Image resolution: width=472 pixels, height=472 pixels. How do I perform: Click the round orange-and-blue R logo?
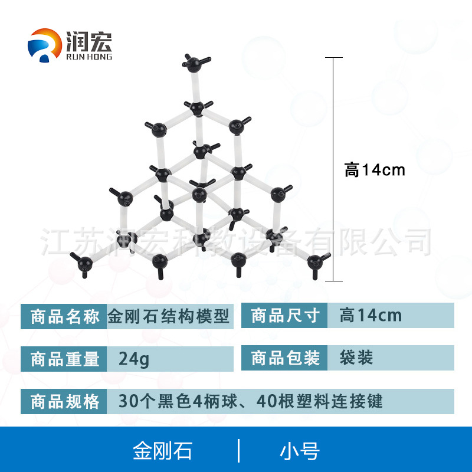(45, 45)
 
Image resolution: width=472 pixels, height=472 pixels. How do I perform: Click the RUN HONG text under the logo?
(89, 57)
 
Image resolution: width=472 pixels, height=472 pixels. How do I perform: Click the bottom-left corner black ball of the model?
(85, 264)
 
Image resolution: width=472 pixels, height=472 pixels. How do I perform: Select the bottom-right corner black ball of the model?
(315, 263)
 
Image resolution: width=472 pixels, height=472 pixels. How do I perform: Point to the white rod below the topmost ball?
(196, 87)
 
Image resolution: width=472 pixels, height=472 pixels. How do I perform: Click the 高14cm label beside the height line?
(375, 170)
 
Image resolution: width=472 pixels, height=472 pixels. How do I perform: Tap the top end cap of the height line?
(333, 57)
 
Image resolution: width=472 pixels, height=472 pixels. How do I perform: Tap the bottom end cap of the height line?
(333, 281)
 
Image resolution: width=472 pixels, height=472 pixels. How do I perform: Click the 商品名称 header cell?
(64, 316)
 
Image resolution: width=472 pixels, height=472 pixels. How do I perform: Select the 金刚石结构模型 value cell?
(170, 316)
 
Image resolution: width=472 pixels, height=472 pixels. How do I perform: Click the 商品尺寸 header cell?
(284, 316)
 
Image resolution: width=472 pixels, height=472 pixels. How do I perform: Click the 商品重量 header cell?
(64, 359)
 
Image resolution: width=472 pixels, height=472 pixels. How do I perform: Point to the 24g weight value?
(134, 359)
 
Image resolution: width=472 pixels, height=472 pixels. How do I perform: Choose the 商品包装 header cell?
(284, 358)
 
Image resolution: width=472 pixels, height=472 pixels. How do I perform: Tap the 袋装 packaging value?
(356, 358)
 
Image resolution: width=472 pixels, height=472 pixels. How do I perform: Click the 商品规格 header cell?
(64, 401)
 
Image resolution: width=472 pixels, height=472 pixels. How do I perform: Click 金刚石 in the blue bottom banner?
(163, 451)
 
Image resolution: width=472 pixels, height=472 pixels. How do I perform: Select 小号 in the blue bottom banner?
(300, 451)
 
